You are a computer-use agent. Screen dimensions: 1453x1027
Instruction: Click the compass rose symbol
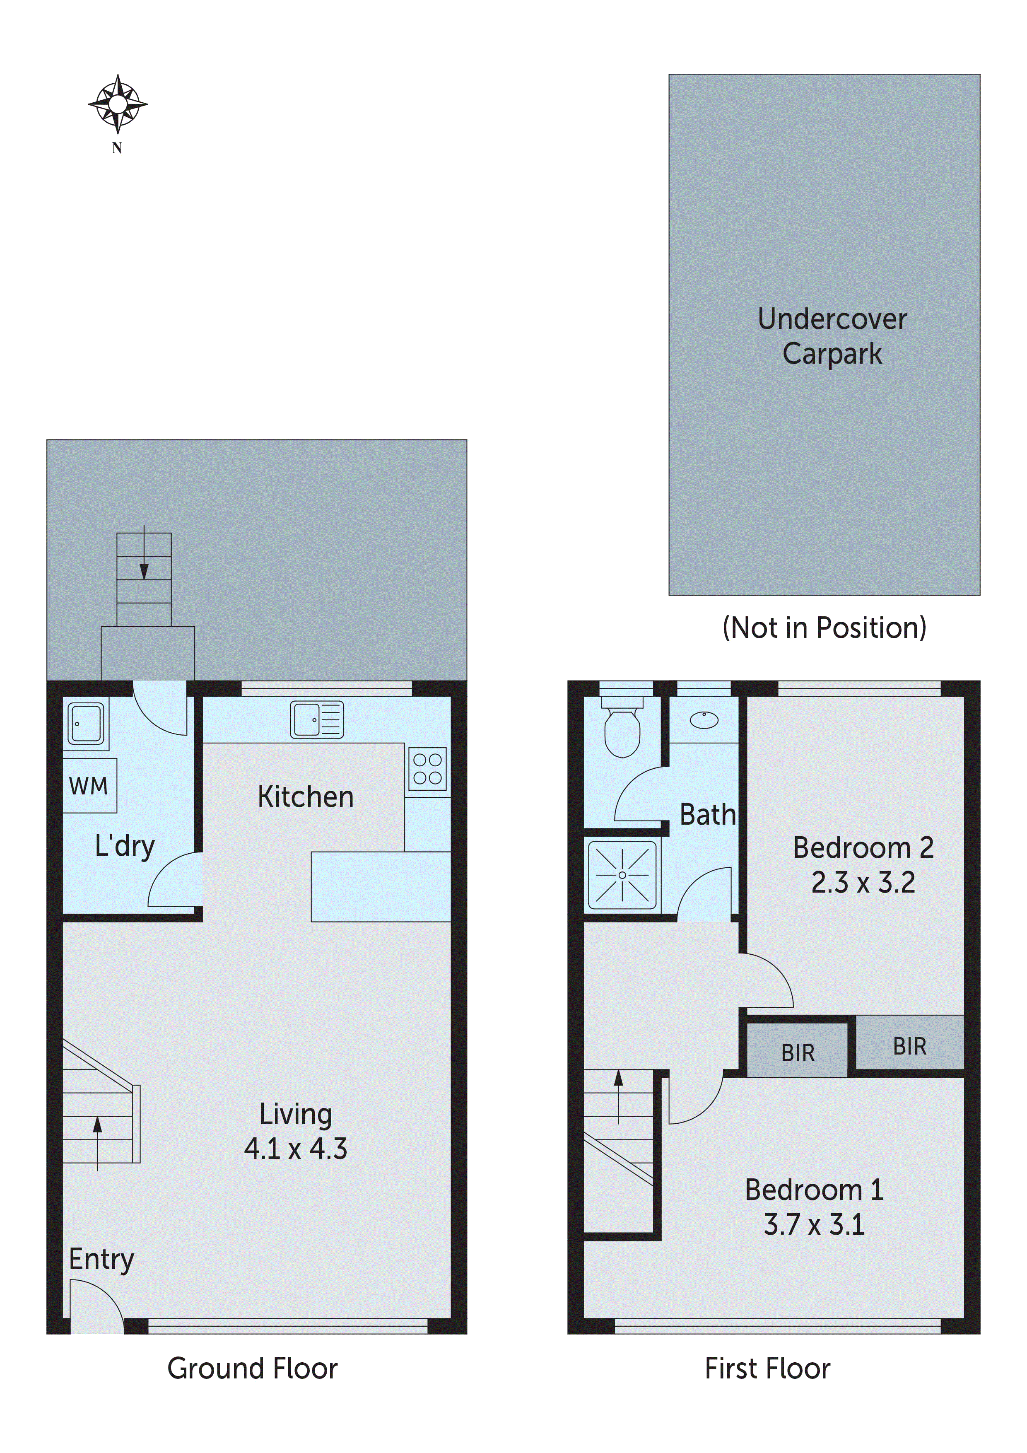click(117, 104)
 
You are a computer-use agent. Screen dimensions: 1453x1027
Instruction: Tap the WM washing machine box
click(89, 785)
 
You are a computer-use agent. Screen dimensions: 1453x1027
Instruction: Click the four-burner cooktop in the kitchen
click(428, 769)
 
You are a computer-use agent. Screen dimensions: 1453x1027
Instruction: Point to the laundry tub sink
click(85, 723)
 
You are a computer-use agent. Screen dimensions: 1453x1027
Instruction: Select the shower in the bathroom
click(622, 875)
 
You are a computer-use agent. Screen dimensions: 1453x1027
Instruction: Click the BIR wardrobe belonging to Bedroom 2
click(909, 1046)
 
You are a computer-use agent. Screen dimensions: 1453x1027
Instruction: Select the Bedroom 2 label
click(863, 848)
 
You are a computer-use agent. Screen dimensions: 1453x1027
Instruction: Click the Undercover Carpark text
click(832, 336)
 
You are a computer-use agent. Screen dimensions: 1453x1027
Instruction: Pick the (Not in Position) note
click(824, 628)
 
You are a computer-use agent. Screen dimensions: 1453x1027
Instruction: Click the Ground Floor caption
click(253, 1368)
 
